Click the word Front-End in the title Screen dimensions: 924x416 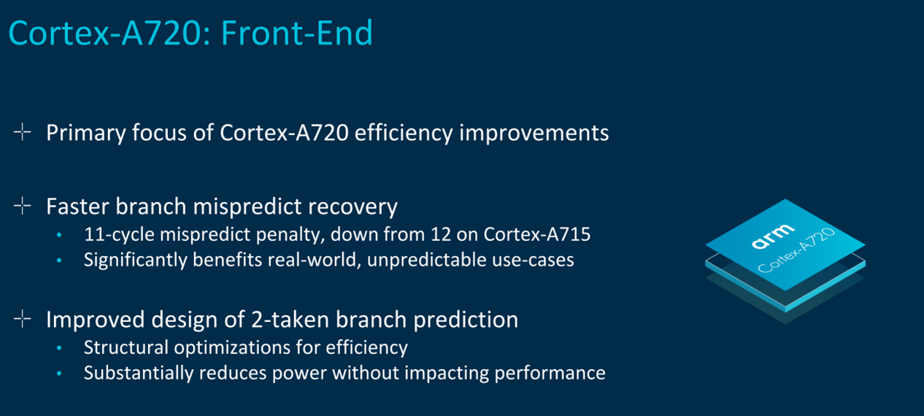coord(296,33)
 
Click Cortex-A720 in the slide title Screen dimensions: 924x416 coord(104,33)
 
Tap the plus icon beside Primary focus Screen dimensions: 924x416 coord(23,132)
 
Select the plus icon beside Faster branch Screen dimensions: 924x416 coord(23,206)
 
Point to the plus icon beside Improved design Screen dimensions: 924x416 coord(23,319)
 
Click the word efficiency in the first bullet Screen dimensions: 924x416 coord(404,133)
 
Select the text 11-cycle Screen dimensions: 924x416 coord(119,234)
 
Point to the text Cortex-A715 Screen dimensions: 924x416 coord(536,234)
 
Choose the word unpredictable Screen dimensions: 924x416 coord(426,261)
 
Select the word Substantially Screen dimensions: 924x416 coord(139,373)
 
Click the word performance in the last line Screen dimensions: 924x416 coord(550,374)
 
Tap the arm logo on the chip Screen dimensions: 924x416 coord(772,236)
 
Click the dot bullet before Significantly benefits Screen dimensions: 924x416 coord(59,260)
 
